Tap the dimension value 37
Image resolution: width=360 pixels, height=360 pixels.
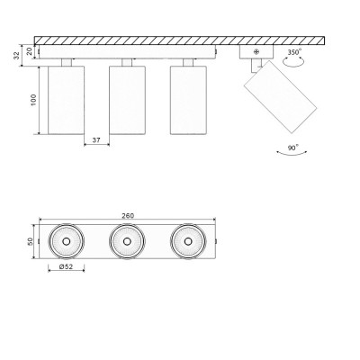click(96, 139)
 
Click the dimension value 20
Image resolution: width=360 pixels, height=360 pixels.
click(30, 51)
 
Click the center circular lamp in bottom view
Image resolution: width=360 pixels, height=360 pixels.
click(127, 241)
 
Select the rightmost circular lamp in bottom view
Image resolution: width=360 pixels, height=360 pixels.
click(187, 241)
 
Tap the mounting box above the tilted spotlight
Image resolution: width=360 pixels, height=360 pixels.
click(255, 52)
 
